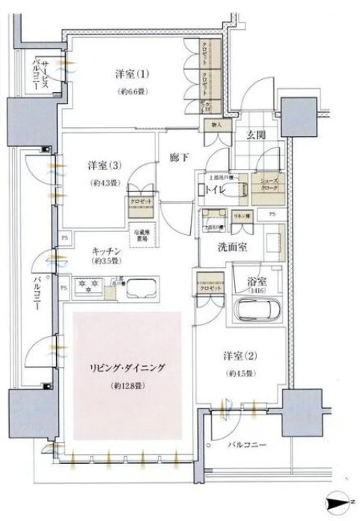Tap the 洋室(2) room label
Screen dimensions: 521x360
240,356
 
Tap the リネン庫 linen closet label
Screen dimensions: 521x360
241,216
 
